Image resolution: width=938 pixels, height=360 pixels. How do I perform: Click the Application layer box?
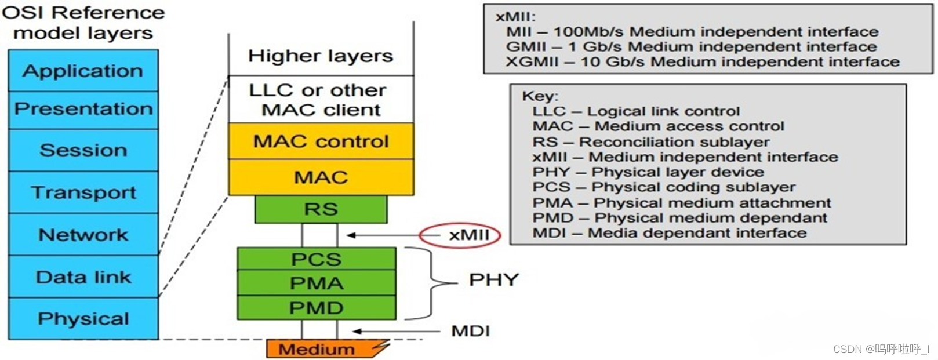83,71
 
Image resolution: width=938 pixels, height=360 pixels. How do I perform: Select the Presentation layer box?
83,109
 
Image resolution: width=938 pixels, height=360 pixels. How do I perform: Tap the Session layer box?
83,150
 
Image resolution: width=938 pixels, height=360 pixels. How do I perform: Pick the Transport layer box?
83,192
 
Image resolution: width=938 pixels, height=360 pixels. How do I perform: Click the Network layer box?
83,235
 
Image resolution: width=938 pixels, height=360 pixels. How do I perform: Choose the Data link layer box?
83,277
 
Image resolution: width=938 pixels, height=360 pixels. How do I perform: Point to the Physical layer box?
83,319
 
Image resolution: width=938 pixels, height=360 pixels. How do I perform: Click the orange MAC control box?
321,141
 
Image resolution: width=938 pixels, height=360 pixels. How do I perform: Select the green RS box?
321,209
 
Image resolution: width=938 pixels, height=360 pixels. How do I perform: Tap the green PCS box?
316,259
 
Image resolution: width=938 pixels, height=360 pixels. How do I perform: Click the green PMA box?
316,283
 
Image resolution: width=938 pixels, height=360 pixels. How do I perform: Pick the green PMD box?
316,308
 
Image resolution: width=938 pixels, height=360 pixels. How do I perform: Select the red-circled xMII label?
468,235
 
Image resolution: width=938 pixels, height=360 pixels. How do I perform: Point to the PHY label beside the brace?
493,280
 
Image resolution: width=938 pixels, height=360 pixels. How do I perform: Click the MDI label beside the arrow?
470,332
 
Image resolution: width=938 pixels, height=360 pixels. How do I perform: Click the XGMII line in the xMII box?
702,62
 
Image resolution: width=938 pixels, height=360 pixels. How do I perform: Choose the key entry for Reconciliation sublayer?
651,142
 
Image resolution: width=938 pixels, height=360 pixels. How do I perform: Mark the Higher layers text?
321,56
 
